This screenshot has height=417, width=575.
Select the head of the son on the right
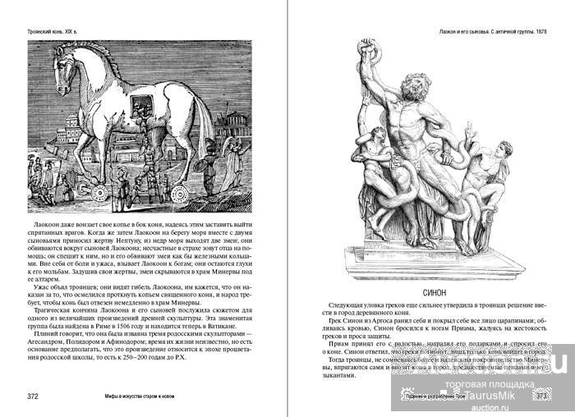click(497, 149)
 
